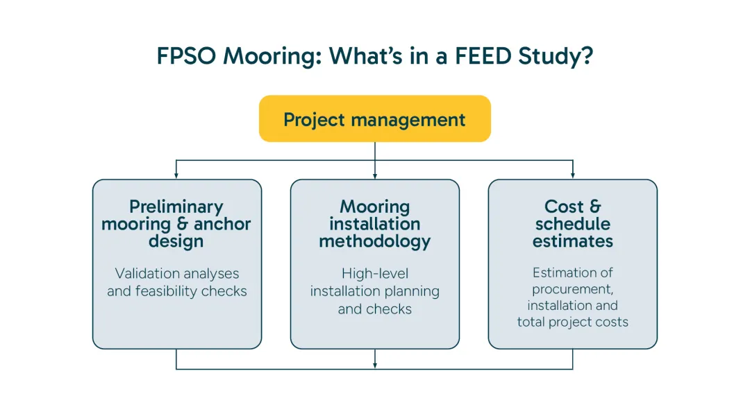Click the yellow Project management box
374,119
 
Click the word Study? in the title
556,57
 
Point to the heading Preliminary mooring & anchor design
176,224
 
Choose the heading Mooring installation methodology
375,224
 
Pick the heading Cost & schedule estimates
573,224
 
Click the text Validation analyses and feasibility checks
176,282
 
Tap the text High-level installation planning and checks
375,291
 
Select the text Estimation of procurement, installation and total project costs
573,297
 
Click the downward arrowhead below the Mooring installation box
375,364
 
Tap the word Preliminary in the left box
176,207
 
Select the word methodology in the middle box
375,241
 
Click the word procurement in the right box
573,289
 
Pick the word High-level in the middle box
375,274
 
